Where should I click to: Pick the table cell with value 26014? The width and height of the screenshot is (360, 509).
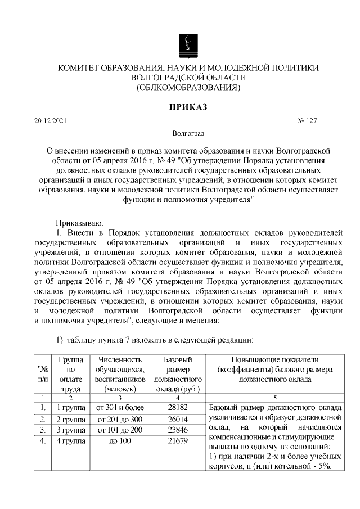click(x=178, y=419)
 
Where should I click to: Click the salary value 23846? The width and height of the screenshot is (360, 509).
click(x=178, y=430)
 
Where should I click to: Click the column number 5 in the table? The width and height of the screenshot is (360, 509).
click(x=275, y=397)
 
